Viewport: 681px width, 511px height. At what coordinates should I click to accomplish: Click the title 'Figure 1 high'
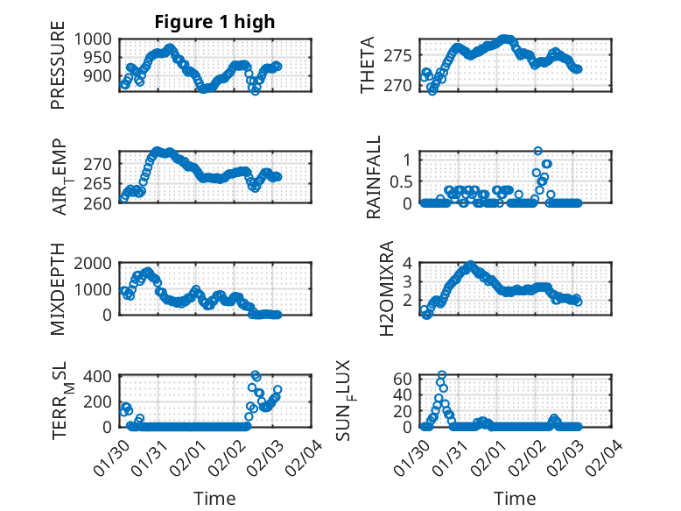pyautogui.click(x=214, y=22)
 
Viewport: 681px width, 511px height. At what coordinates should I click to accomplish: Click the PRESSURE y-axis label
pyautogui.click(x=58, y=70)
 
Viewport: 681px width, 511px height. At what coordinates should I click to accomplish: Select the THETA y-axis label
pyautogui.click(x=368, y=65)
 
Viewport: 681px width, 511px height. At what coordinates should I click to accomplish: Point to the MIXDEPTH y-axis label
pyautogui.click(x=58, y=287)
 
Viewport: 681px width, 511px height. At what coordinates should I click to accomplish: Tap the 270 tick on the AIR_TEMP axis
pyautogui.click(x=99, y=164)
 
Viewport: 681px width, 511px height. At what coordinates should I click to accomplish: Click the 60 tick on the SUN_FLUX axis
pyautogui.click(x=403, y=379)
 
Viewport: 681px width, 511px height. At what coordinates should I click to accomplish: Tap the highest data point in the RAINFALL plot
pyautogui.click(x=537, y=151)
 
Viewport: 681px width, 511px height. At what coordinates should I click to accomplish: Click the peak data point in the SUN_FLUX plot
pyautogui.click(x=442, y=375)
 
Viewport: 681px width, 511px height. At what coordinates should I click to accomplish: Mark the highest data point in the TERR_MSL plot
pyautogui.click(x=256, y=375)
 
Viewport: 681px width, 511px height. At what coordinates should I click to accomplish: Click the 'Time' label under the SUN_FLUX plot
pyautogui.click(x=516, y=499)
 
